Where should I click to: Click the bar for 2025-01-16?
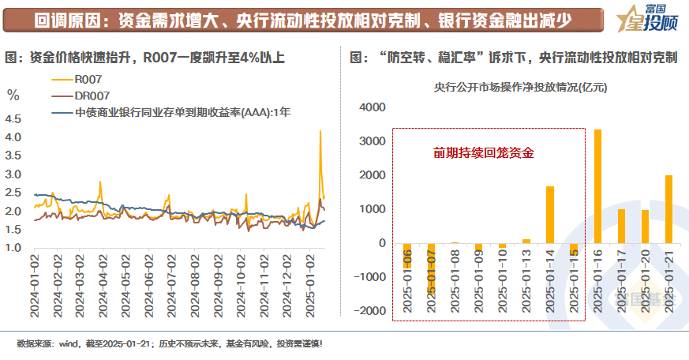coord(597,186)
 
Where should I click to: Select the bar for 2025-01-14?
coord(550,215)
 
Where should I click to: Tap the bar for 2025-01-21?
coord(668,209)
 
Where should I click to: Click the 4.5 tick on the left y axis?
coord(13,119)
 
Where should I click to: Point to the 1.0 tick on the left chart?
coord(13,248)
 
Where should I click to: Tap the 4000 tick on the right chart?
coord(371,107)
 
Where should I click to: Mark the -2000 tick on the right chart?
coord(369,311)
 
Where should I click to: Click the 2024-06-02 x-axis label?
coord(151,284)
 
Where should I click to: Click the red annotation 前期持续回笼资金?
coord(483,153)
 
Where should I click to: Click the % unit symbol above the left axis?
coord(13,96)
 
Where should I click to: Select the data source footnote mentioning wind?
coord(170,344)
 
